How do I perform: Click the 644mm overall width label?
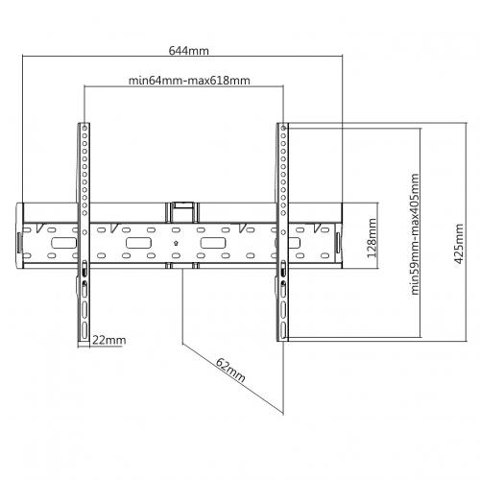pyautogui.click(x=189, y=51)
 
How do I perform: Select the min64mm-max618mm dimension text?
pyautogui.click(x=189, y=81)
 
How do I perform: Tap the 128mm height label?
pyautogui.click(x=372, y=238)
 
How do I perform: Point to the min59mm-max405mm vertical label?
pyautogui.click(x=415, y=234)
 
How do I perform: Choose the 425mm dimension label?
pyautogui.click(x=459, y=244)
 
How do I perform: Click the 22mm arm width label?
pyautogui.click(x=109, y=340)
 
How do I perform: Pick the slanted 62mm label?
pyautogui.click(x=230, y=370)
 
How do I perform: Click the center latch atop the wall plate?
pyautogui.click(x=182, y=212)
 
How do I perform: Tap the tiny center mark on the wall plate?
pyautogui.click(x=176, y=243)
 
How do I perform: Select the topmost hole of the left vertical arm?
pyautogui.click(x=84, y=128)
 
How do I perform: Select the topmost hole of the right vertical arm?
pyautogui.click(x=283, y=128)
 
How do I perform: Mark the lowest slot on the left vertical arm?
pyautogui.click(x=84, y=330)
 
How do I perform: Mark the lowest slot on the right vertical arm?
pyautogui.click(x=283, y=330)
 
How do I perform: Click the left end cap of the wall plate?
pyautogui.click(x=19, y=235)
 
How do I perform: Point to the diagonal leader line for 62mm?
pyautogui.click(x=233, y=379)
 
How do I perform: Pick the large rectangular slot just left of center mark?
pyautogui.click(x=138, y=243)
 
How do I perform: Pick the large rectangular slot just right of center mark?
pyautogui.click(x=213, y=243)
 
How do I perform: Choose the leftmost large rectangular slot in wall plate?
pyautogui.click(x=64, y=243)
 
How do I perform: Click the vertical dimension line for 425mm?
pyautogui.click(x=467, y=232)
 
